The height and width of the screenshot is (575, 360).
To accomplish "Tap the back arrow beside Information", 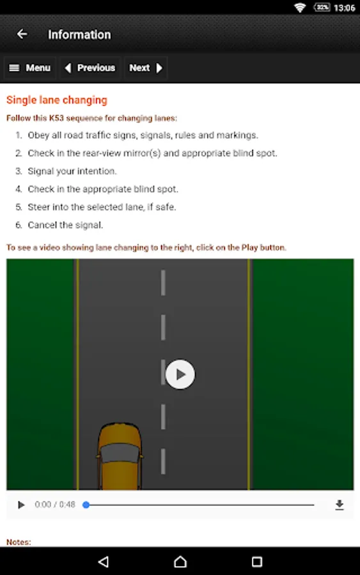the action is pos(22,34).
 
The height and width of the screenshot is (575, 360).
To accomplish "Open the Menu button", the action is pos(29,68).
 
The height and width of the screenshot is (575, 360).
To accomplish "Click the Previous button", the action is pos(90,68).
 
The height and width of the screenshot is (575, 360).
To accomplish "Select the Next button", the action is pos(146,68).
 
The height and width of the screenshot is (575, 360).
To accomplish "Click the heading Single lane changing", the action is pos(57,100).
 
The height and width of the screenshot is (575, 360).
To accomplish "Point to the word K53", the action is pos(56,118).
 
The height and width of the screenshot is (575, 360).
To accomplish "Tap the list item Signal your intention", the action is pos(72,171).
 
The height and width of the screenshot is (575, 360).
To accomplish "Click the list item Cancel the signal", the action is pos(65,225).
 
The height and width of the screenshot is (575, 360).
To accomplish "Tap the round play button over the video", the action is pos(180,374).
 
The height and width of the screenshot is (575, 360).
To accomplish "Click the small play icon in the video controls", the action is pos(21,505).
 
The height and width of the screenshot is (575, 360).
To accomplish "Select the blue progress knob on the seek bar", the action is pos(86,505).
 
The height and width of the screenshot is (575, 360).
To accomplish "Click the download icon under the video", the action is pos(340,505).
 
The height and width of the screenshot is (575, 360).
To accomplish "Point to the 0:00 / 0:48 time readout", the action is pos(55,505).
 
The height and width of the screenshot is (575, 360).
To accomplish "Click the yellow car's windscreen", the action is pos(120,452).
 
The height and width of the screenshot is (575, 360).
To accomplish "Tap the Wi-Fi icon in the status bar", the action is pos(300,8).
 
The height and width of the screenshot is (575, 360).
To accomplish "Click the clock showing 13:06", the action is pos(344,8).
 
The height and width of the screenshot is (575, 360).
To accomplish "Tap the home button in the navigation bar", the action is pos(180,562).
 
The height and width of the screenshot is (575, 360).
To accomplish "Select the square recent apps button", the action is pos(257,562).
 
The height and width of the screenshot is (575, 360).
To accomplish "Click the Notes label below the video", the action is pos(19,542).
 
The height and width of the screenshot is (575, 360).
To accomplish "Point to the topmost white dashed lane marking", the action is pos(163,283).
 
